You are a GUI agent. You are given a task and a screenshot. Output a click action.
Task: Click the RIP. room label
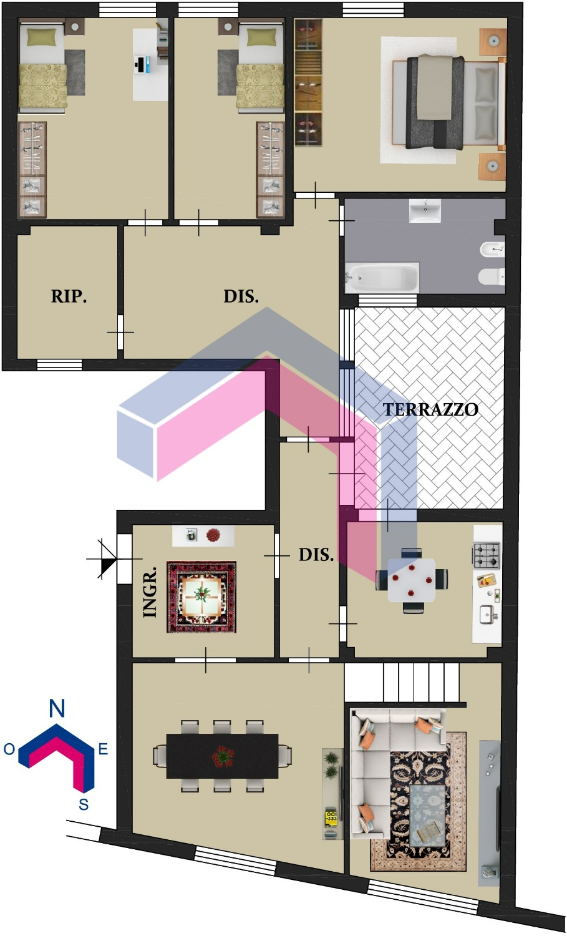click(69, 296)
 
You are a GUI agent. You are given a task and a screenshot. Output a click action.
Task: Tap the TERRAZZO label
click(431, 409)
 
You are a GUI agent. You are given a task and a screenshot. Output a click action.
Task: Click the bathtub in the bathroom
click(382, 278)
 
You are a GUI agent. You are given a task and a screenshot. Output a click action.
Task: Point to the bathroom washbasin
click(425, 211)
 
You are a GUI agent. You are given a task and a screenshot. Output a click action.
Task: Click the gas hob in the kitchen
click(487, 555)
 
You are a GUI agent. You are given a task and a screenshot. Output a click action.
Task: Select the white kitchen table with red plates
click(412, 580)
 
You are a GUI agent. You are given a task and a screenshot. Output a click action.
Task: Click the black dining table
click(222, 756)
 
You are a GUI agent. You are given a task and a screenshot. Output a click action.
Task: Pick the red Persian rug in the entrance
click(201, 597)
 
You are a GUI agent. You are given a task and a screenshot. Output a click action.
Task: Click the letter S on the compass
click(84, 804)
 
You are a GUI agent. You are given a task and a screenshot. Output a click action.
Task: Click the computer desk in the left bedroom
click(150, 65)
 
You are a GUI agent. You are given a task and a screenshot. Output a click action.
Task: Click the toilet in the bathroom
click(492, 276)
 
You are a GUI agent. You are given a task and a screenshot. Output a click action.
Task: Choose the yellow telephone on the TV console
click(331, 818)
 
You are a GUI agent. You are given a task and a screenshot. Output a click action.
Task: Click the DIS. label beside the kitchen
click(316, 555)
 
